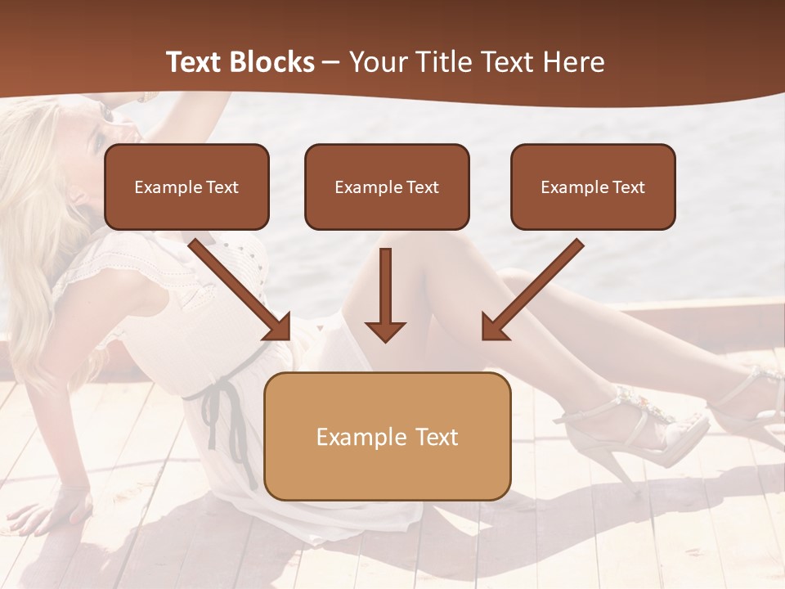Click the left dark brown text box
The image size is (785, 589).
(x=186, y=187)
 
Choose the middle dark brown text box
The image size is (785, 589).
(x=387, y=187)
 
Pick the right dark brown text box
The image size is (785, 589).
(x=593, y=187)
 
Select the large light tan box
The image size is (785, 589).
(x=387, y=436)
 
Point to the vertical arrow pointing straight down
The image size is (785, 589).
(x=385, y=294)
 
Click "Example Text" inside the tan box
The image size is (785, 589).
(x=387, y=437)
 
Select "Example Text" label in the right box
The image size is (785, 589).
(x=593, y=187)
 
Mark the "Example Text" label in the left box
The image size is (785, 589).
(x=186, y=187)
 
